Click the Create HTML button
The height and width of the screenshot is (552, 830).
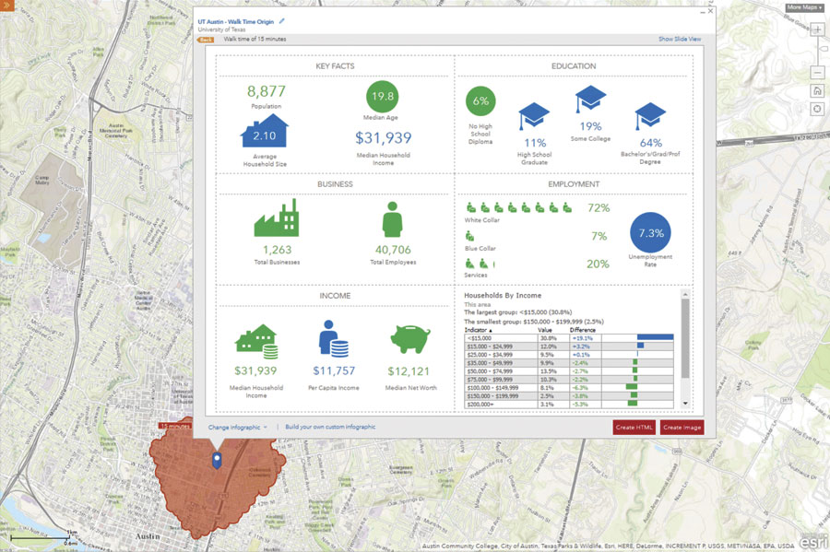click(634, 428)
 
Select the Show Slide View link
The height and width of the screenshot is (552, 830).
click(680, 40)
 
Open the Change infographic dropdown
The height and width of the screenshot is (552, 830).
click(237, 428)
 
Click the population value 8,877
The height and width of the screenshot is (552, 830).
click(267, 91)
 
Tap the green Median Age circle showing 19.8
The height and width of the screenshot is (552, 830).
click(382, 97)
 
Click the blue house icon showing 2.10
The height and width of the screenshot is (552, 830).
click(265, 134)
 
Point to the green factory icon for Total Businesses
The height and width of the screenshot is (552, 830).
click(276, 219)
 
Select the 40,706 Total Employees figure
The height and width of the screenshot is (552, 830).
click(393, 250)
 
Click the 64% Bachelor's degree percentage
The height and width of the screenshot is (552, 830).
click(650, 143)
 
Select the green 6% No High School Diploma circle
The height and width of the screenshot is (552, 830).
click(480, 101)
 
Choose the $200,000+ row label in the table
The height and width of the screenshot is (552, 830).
click(480, 404)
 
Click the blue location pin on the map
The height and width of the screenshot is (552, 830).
click(216, 461)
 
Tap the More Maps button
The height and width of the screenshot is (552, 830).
click(804, 7)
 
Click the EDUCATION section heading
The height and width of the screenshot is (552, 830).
click(573, 66)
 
